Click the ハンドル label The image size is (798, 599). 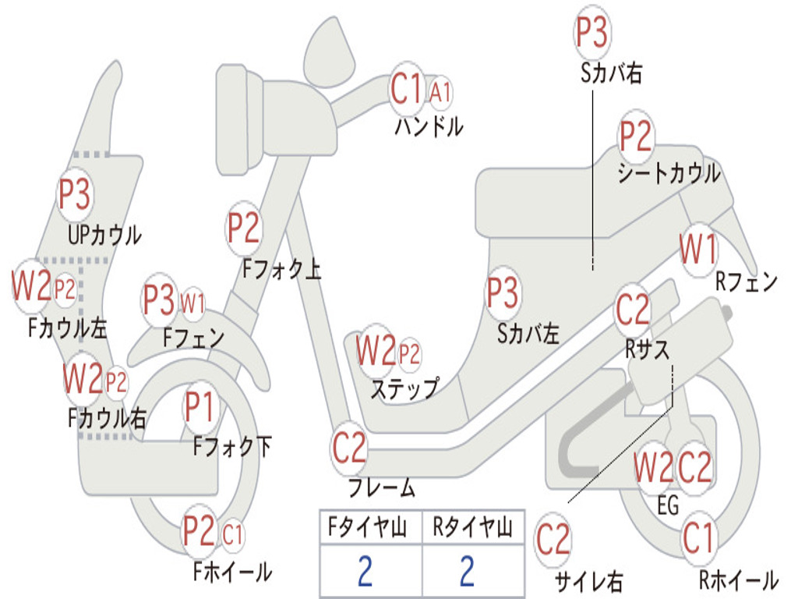[x=429, y=126]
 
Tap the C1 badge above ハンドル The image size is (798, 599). [x=407, y=89]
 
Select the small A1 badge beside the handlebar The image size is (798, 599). [x=440, y=93]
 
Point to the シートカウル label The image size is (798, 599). [x=669, y=173]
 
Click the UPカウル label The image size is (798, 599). [x=104, y=236]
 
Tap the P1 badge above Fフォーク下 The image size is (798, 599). [x=200, y=406]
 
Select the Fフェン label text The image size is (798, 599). [x=193, y=338]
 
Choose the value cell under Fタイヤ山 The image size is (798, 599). [x=370, y=570]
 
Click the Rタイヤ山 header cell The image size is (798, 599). [x=473, y=527]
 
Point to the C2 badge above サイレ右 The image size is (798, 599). [x=553, y=540]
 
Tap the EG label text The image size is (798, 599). [x=668, y=505]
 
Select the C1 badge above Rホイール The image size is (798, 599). [x=698, y=538]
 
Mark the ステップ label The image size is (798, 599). [x=404, y=388]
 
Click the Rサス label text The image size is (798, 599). [x=647, y=349]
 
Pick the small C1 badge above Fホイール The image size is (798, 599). [x=232, y=535]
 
